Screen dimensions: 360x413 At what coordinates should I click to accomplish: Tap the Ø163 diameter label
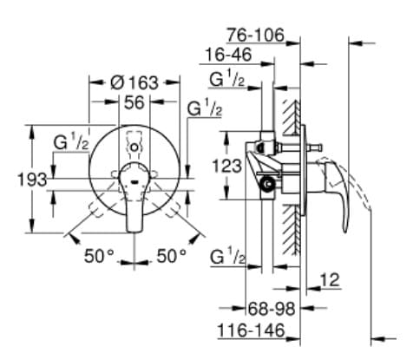pos(134,82)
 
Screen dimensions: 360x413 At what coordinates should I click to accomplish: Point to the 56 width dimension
pos(133,101)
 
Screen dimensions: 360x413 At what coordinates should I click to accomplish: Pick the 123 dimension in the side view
pos(229,165)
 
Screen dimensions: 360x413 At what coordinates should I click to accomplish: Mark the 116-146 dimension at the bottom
pos(252,332)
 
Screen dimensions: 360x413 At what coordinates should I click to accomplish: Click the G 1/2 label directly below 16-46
pos(227,80)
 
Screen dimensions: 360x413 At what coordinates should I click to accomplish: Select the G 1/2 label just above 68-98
pos(227,257)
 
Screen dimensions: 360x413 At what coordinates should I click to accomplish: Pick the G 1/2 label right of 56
pos(205,109)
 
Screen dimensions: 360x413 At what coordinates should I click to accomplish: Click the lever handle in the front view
pos(135,204)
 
